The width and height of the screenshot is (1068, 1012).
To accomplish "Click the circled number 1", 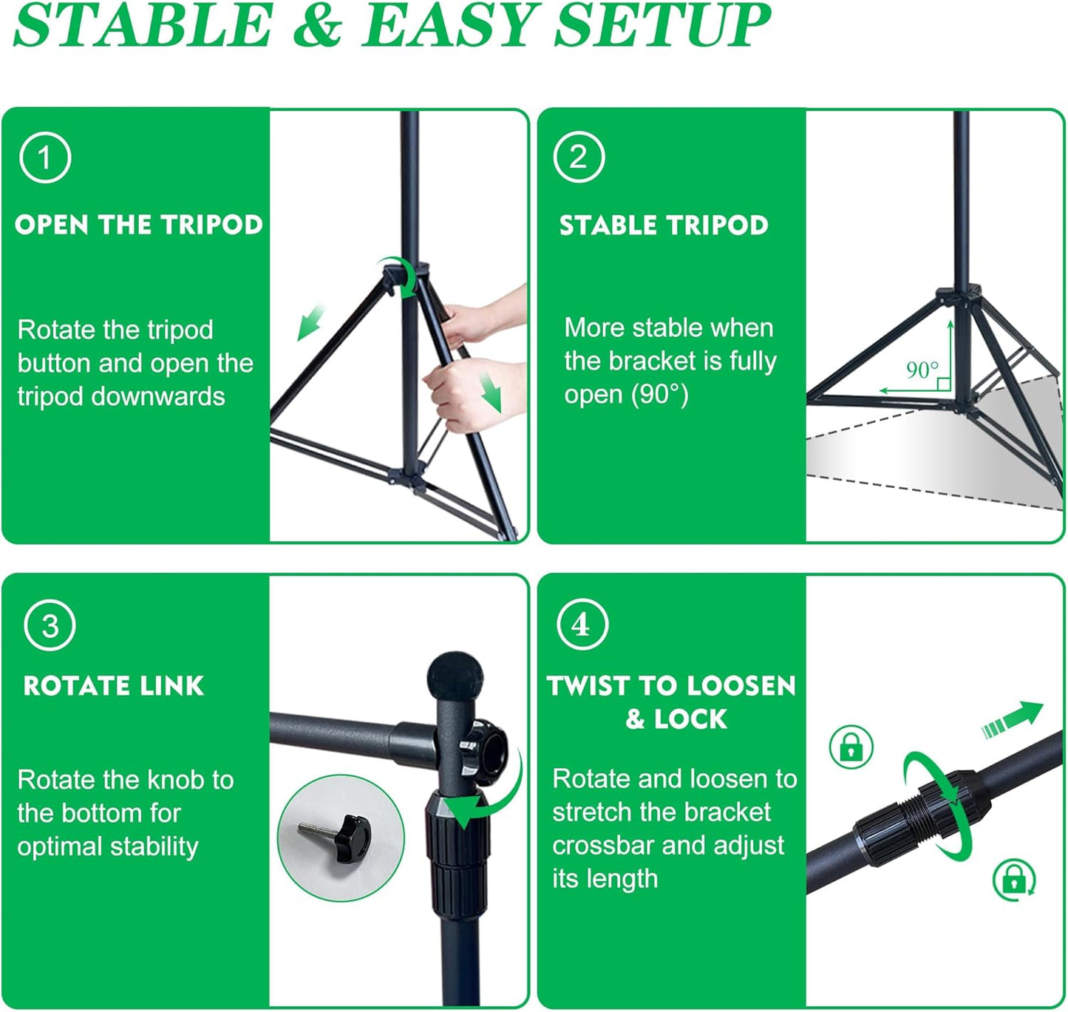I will [x=45, y=157].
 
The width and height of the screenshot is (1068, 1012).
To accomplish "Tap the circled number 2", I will [x=579, y=157].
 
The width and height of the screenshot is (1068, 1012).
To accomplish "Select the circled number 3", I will [x=50, y=625].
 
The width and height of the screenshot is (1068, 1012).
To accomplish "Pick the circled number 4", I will [x=582, y=625].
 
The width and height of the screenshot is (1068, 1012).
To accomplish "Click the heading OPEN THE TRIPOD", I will [x=139, y=225].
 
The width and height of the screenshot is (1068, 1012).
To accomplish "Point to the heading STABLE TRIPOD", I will [x=664, y=225].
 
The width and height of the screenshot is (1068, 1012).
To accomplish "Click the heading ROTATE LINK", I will [x=114, y=686].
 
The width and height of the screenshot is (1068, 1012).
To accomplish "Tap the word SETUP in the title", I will [x=662, y=26].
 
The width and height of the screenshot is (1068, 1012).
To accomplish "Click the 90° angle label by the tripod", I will [x=922, y=370].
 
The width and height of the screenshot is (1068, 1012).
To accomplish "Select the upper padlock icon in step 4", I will [x=851, y=747].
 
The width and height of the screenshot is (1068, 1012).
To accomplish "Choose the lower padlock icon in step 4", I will [x=1013, y=879].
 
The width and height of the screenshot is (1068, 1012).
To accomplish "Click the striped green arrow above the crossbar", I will [x=1012, y=720].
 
